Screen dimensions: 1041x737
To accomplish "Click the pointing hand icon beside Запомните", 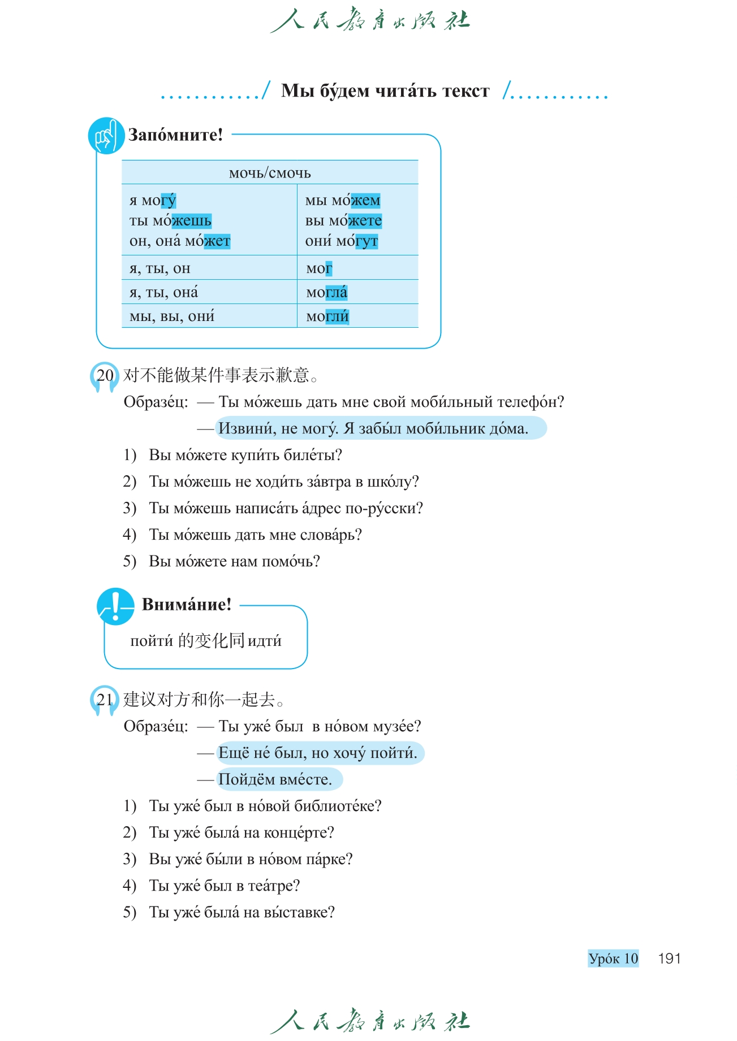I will (x=106, y=136).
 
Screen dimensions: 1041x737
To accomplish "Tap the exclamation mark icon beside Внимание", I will (x=115, y=606).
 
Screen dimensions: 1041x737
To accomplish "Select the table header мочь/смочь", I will (x=270, y=173).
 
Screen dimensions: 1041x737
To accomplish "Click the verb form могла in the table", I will (x=326, y=293).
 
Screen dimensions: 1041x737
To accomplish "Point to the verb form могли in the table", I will (x=327, y=316).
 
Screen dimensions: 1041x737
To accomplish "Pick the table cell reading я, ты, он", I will (x=160, y=268).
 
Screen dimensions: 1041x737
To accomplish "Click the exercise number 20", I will (x=105, y=375).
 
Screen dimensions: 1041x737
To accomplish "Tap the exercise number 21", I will (x=105, y=700).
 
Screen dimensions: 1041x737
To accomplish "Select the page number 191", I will (x=669, y=958).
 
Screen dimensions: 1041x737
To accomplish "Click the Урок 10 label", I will (x=613, y=958).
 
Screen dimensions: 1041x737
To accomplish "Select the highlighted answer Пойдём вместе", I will (x=275, y=779).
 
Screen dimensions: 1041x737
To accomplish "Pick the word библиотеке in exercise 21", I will (x=338, y=806).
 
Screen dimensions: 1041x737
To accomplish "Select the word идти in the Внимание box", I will (x=264, y=641).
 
